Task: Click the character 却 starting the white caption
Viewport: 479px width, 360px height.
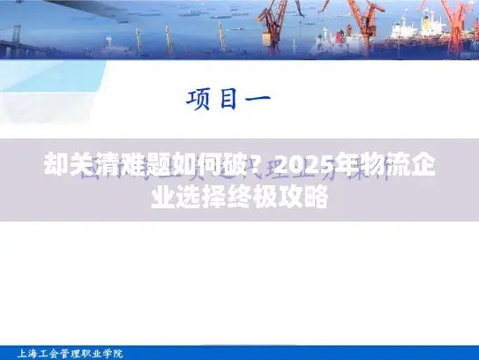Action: (56, 166)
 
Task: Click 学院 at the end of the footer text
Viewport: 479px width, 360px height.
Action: (114, 352)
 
